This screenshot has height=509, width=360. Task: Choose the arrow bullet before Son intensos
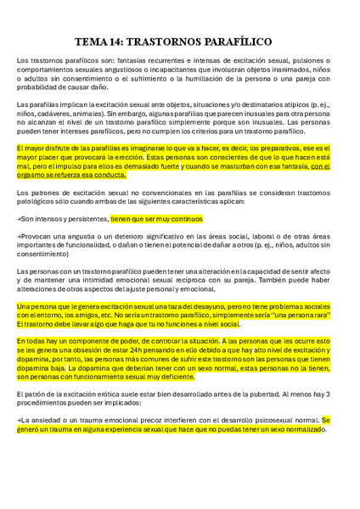(20, 218)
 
